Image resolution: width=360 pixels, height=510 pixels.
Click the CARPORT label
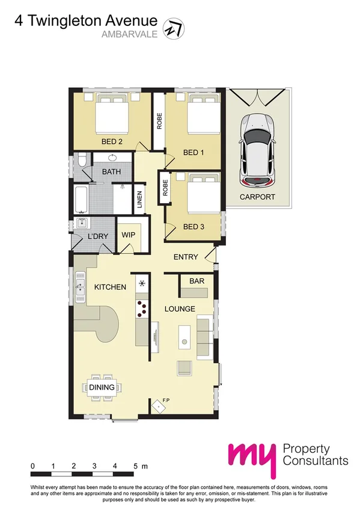point(257,197)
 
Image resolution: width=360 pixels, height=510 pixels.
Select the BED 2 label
point(112,142)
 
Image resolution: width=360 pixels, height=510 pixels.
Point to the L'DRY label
point(97,236)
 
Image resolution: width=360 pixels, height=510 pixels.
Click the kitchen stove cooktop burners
point(142,308)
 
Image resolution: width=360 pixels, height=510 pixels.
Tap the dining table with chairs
point(102,388)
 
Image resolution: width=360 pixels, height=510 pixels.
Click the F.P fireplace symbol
point(158,407)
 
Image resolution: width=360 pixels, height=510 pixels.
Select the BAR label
point(196,281)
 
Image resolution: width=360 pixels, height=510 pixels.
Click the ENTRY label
point(186,257)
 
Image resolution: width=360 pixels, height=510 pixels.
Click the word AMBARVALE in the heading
point(130,34)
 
